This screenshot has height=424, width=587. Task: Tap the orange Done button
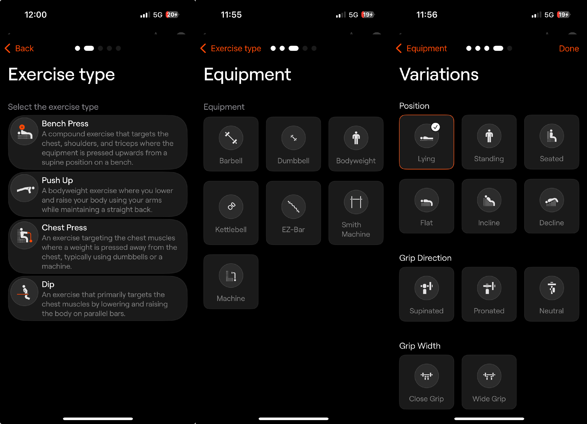coord(569,48)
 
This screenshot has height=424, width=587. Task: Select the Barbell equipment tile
coord(231,144)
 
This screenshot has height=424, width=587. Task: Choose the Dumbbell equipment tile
coord(293,144)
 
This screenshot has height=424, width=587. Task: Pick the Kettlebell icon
coord(231,207)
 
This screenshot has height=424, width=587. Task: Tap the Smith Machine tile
coord(356,213)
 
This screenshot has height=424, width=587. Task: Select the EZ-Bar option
coord(293,213)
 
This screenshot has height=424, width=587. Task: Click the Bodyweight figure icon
coord(356,138)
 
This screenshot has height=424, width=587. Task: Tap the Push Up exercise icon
coord(25,188)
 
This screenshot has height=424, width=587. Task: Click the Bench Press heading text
coord(65,123)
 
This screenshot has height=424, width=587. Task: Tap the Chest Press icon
coord(25,235)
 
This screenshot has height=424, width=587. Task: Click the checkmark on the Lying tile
coord(436,127)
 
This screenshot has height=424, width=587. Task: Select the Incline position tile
coord(489,206)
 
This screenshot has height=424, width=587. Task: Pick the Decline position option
coord(552,206)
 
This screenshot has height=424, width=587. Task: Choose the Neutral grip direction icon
coord(552,288)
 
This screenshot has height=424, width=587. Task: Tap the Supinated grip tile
coord(427,294)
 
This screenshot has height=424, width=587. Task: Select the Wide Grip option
coord(489,382)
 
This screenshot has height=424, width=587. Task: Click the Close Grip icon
coord(427,376)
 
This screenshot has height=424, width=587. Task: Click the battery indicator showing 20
coord(172,15)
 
